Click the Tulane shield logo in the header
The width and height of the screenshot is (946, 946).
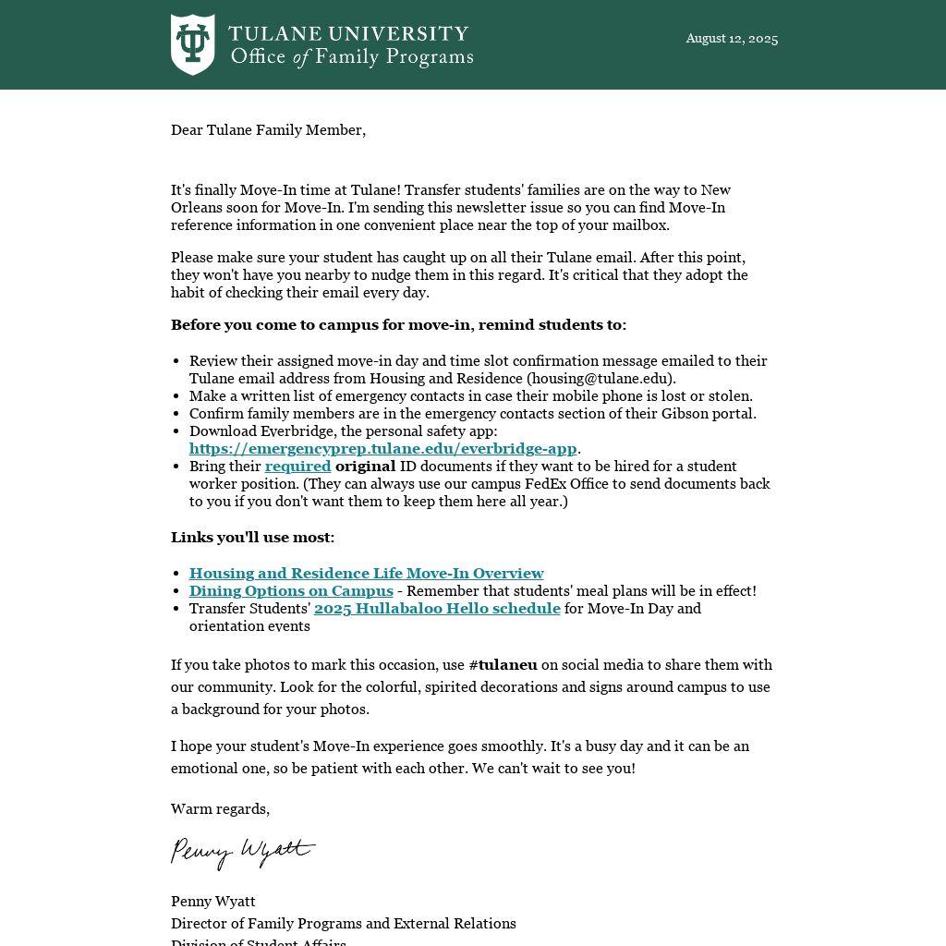192,44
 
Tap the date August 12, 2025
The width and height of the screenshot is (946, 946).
732,39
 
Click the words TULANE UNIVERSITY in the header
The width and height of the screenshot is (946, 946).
348,34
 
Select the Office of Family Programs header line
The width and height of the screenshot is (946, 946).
351,57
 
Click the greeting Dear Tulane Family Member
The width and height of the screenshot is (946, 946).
268,130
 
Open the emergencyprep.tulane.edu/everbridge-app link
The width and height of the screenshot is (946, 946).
382,449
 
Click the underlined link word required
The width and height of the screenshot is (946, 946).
297,467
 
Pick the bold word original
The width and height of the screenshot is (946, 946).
365,467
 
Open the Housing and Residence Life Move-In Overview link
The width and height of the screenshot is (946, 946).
366,574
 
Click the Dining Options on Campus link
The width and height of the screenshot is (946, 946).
291,591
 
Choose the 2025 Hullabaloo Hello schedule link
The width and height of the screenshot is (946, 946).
437,609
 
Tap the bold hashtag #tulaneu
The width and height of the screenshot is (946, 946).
503,665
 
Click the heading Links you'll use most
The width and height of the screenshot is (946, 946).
252,538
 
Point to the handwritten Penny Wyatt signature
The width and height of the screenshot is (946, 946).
242,851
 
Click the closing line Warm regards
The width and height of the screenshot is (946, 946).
220,809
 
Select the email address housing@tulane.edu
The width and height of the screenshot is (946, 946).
600,379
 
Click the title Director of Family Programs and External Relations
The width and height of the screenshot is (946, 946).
343,924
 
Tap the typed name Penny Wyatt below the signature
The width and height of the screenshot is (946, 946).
212,902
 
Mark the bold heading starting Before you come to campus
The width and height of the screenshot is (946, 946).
398,325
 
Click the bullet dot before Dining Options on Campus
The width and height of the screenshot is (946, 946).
176,591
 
